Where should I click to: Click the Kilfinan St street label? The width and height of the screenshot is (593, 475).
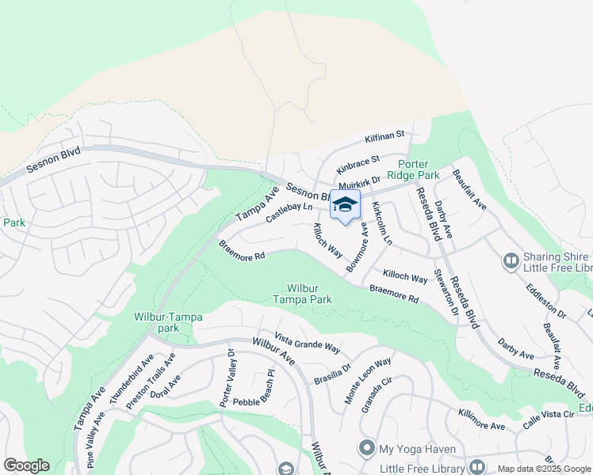point(384,137)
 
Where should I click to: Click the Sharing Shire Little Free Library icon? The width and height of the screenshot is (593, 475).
point(511,259)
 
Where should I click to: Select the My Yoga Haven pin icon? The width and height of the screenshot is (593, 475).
point(366,449)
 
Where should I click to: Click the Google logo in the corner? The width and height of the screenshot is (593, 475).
point(26,465)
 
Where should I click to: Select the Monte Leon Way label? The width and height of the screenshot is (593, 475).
point(368,382)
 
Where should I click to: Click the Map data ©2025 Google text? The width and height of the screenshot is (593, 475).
point(545,469)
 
